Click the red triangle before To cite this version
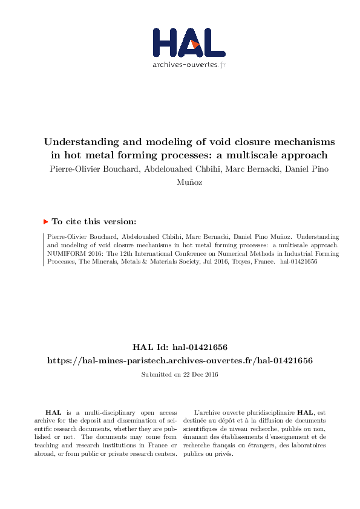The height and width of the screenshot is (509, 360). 45,222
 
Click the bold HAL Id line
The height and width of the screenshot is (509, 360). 180,347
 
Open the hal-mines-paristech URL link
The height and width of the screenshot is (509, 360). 180,360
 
